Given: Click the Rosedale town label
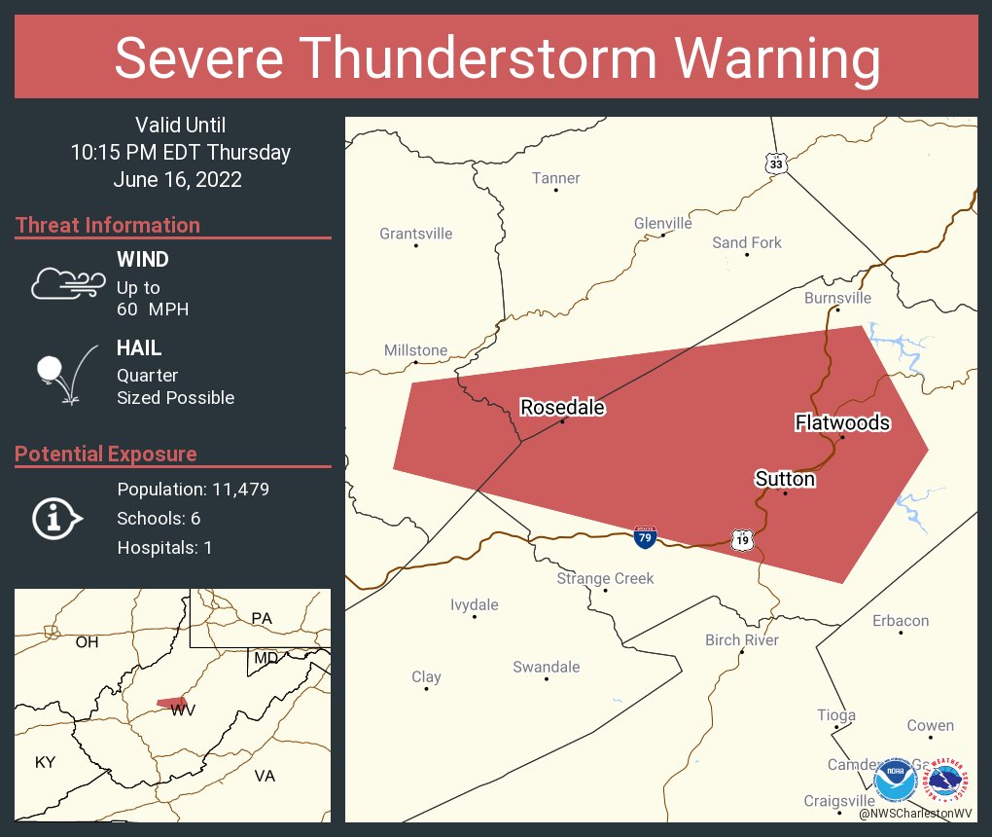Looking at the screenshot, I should pos(562,407).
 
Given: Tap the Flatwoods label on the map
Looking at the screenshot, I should pos(842,422).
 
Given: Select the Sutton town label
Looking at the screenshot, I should pos(785,479).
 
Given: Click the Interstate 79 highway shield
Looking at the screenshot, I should pos(644,535).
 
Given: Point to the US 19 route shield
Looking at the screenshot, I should pos(742,538).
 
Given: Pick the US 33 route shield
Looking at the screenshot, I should pos(775,164).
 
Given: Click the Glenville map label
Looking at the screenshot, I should pos(662,223).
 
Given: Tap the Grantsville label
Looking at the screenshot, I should pos(415,234).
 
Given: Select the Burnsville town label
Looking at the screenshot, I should pos(837,298).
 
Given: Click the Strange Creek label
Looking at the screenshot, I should pos(605,578).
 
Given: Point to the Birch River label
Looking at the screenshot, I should pos(741,639).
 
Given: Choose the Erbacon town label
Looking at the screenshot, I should pos(900,620).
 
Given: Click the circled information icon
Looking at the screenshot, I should pos(57,519).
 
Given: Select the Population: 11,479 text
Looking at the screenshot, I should pos(193,489).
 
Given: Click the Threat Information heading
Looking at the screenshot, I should pos(108,225).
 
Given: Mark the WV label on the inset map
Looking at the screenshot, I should pos(183,710).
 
